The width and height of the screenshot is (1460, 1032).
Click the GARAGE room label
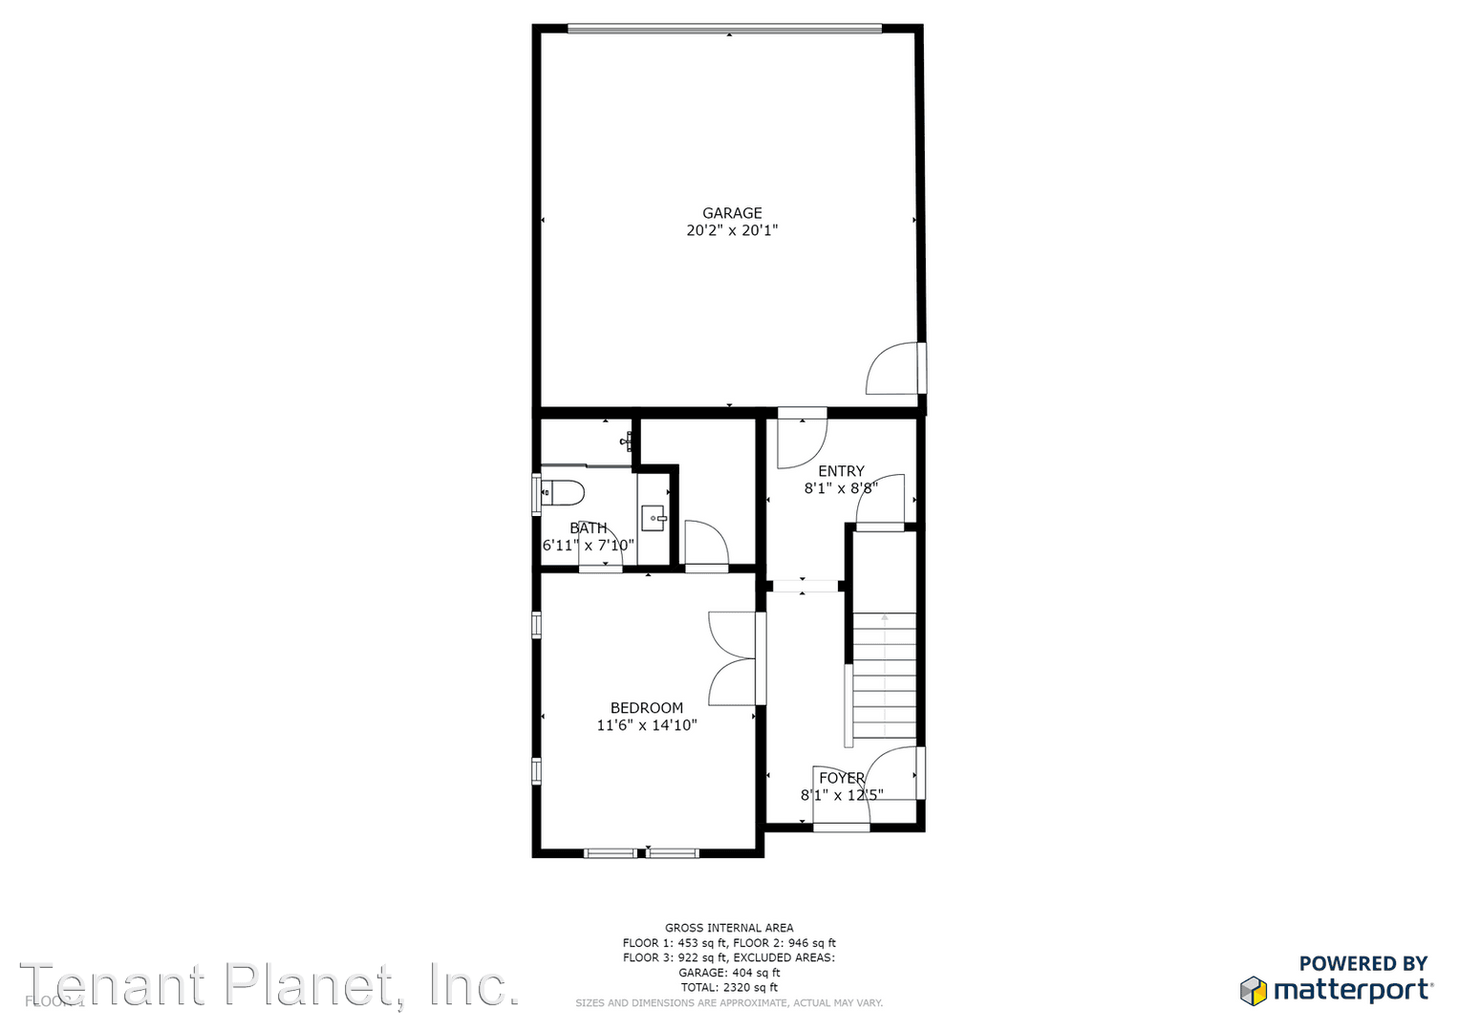click(x=732, y=213)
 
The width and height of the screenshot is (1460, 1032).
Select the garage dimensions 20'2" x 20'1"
click(x=732, y=230)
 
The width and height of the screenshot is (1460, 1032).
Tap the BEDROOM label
click(x=647, y=708)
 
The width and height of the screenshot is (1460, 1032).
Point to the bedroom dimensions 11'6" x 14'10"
click(x=647, y=725)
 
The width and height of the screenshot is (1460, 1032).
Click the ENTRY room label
click(x=841, y=471)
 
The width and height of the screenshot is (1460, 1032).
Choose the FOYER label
click(x=842, y=778)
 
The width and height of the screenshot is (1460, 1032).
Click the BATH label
click(x=589, y=528)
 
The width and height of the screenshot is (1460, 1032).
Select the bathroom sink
click(x=654, y=519)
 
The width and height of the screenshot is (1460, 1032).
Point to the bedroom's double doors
click(x=731, y=659)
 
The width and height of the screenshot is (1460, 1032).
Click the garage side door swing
click(x=893, y=370)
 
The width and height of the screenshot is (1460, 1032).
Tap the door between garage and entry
click(x=801, y=441)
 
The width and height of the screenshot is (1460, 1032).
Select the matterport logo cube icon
click(x=1253, y=990)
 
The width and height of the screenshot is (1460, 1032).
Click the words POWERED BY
click(x=1363, y=963)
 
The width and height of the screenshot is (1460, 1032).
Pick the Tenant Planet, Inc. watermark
click(x=269, y=986)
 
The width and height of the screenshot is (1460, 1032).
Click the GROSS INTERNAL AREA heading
click(x=729, y=928)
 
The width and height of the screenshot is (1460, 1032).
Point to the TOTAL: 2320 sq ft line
click(x=729, y=987)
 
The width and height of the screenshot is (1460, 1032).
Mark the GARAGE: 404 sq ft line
click(x=729, y=973)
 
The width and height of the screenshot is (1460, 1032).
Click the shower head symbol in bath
click(x=628, y=441)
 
